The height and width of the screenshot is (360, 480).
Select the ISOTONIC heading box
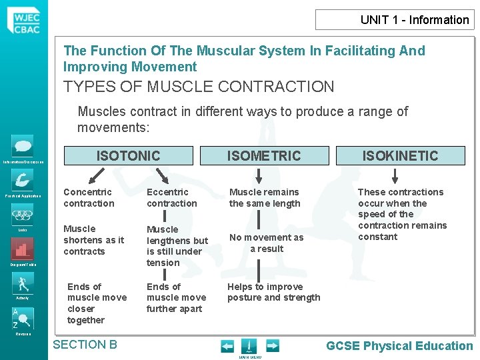click(128, 156)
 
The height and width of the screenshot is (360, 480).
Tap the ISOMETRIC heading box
click(264, 156)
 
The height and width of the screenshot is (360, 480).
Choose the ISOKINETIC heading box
click(399, 156)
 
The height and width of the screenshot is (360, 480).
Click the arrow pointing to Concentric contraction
click(97, 175)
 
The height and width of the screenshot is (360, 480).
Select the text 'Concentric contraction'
click(89, 198)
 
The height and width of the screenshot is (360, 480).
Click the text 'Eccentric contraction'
click(172, 198)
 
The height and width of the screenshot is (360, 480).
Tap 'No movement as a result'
click(266, 243)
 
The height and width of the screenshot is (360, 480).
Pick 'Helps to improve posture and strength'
click(273, 292)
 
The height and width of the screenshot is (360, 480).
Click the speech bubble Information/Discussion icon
click(23, 146)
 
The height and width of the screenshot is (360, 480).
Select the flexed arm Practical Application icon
click(23, 180)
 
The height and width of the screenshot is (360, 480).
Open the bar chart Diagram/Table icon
click(23, 249)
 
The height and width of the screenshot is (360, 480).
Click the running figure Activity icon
click(23, 283)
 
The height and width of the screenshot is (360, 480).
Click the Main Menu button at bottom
click(247, 347)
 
